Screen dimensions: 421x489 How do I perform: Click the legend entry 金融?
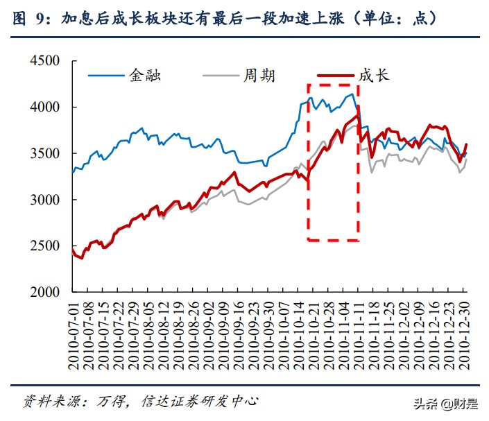(x=145, y=75)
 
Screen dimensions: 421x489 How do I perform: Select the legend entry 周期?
(x=259, y=75)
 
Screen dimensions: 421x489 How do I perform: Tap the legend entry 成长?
(x=374, y=75)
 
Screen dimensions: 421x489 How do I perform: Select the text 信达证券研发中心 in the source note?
(x=200, y=402)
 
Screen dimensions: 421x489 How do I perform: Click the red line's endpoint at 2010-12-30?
(x=467, y=144)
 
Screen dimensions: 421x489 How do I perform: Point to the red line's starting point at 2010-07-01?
(x=74, y=250)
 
